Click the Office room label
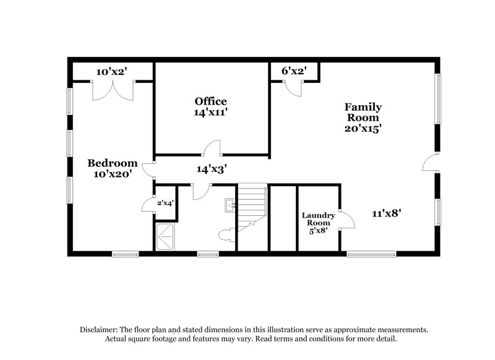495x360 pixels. tap(210, 101)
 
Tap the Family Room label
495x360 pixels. tap(363, 112)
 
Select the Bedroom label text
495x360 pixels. tap(112, 163)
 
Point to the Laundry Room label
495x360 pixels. tap(318, 220)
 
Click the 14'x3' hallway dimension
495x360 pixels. tap(210, 168)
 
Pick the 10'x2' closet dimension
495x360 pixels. tap(111, 71)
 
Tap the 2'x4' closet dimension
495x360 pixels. tap(165, 202)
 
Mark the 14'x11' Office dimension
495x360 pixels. tap(210, 113)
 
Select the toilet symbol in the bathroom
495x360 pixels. tap(226, 235)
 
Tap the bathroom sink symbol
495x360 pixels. tap(231, 204)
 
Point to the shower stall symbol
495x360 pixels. tap(165, 237)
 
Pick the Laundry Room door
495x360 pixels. tap(346, 220)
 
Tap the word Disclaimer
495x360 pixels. tap(99, 330)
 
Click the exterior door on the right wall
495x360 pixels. tap(429, 163)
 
